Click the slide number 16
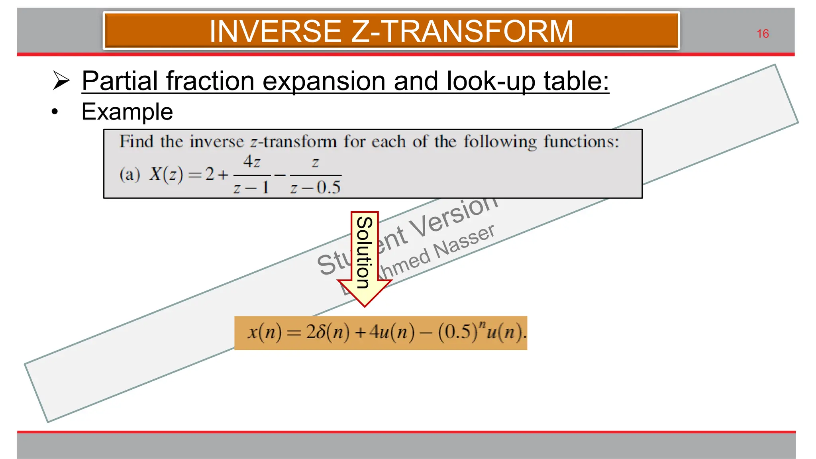762,34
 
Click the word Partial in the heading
120,81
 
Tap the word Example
127,112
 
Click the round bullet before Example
55,112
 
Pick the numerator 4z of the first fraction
252,162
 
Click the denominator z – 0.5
315,187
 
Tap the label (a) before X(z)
130,175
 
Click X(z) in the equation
166,175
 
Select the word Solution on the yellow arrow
364,252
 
